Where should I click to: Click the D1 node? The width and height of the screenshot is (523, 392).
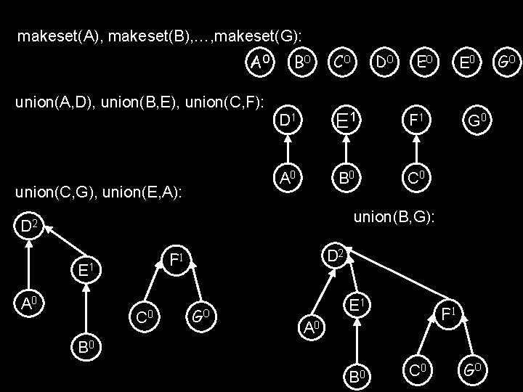click(x=288, y=118)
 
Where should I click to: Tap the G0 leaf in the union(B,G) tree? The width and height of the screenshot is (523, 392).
click(x=474, y=372)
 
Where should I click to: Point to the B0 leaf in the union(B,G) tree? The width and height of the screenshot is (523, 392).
click(x=356, y=376)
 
